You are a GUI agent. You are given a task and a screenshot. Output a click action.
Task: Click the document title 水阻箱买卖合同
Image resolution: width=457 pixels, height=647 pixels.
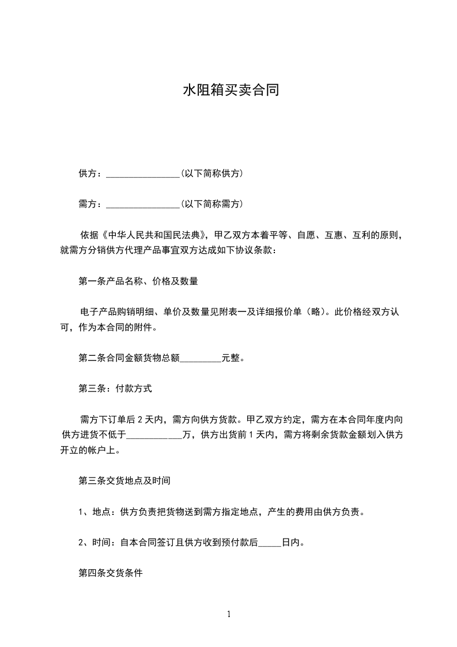(231, 90)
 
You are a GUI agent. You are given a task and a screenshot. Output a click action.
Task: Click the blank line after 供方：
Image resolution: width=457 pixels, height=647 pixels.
(143, 174)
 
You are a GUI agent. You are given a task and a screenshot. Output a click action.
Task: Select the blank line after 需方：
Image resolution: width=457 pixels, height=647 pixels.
(143, 204)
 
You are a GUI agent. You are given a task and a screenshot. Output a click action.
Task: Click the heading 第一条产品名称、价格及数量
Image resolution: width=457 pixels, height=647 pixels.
(138, 282)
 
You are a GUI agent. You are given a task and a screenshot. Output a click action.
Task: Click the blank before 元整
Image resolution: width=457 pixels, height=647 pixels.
(201, 359)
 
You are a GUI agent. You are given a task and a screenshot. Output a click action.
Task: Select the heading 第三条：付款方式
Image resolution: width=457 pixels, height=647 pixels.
(115, 389)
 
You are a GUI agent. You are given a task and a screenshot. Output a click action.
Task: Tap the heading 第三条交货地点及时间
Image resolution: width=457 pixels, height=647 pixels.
(124, 480)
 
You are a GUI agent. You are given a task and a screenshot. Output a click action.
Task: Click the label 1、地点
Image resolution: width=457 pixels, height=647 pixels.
(96, 511)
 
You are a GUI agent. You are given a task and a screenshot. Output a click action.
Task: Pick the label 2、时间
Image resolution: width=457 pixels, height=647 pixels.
(96, 543)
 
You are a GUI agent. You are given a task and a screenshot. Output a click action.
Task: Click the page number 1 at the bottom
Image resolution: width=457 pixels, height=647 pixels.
(229, 614)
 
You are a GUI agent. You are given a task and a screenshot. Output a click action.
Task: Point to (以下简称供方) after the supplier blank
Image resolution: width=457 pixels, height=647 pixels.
(211, 174)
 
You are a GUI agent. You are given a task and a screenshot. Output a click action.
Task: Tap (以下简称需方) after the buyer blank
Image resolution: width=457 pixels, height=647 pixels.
(211, 204)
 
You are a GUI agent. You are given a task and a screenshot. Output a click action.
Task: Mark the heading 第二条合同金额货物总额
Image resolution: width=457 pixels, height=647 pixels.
(129, 359)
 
